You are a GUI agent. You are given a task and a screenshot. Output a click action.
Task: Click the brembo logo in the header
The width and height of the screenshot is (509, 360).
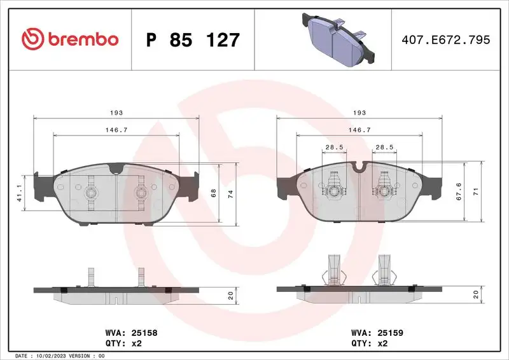pyautogui.click(x=70, y=39)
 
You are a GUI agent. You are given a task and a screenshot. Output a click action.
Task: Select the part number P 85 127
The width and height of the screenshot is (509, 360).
pyautogui.click(x=193, y=40)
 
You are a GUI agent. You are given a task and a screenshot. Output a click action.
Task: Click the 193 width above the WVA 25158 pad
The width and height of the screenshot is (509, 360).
pyautogui.click(x=116, y=113)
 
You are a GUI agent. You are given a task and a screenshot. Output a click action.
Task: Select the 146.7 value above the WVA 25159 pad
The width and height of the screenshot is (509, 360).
pyautogui.click(x=359, y=130)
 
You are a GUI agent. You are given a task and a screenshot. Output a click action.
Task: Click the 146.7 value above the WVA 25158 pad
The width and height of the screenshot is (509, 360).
pyautogui.click(x=116, y=130)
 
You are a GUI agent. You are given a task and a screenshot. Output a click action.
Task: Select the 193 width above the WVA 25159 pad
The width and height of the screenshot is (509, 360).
pyautogui.click(x=359, y=113)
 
